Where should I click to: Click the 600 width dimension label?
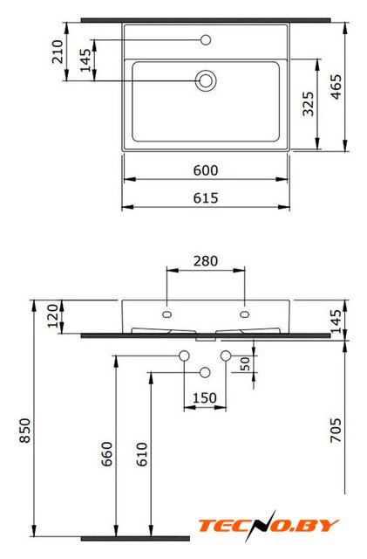pyautogui.click(x=206, y=170)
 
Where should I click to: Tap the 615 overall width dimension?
pyautogui.click(x=206, y=198)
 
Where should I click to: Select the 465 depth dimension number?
pyautogui.click(x=336, y=86)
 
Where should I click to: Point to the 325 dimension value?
pyautogui.click(x=309, y=104)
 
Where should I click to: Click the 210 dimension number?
pyautogui.click(x=58, y=52)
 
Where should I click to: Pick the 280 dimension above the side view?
pyautogui.click(x=206, y=261)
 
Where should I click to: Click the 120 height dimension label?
pyautogui.click(x=53, y=316)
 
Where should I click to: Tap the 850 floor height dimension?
pyautogui.click(x=25, y=431)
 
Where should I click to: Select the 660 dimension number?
pyautogui.click(x=107, y=454)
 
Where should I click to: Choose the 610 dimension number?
pyautogui.click(x=142, y=454)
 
